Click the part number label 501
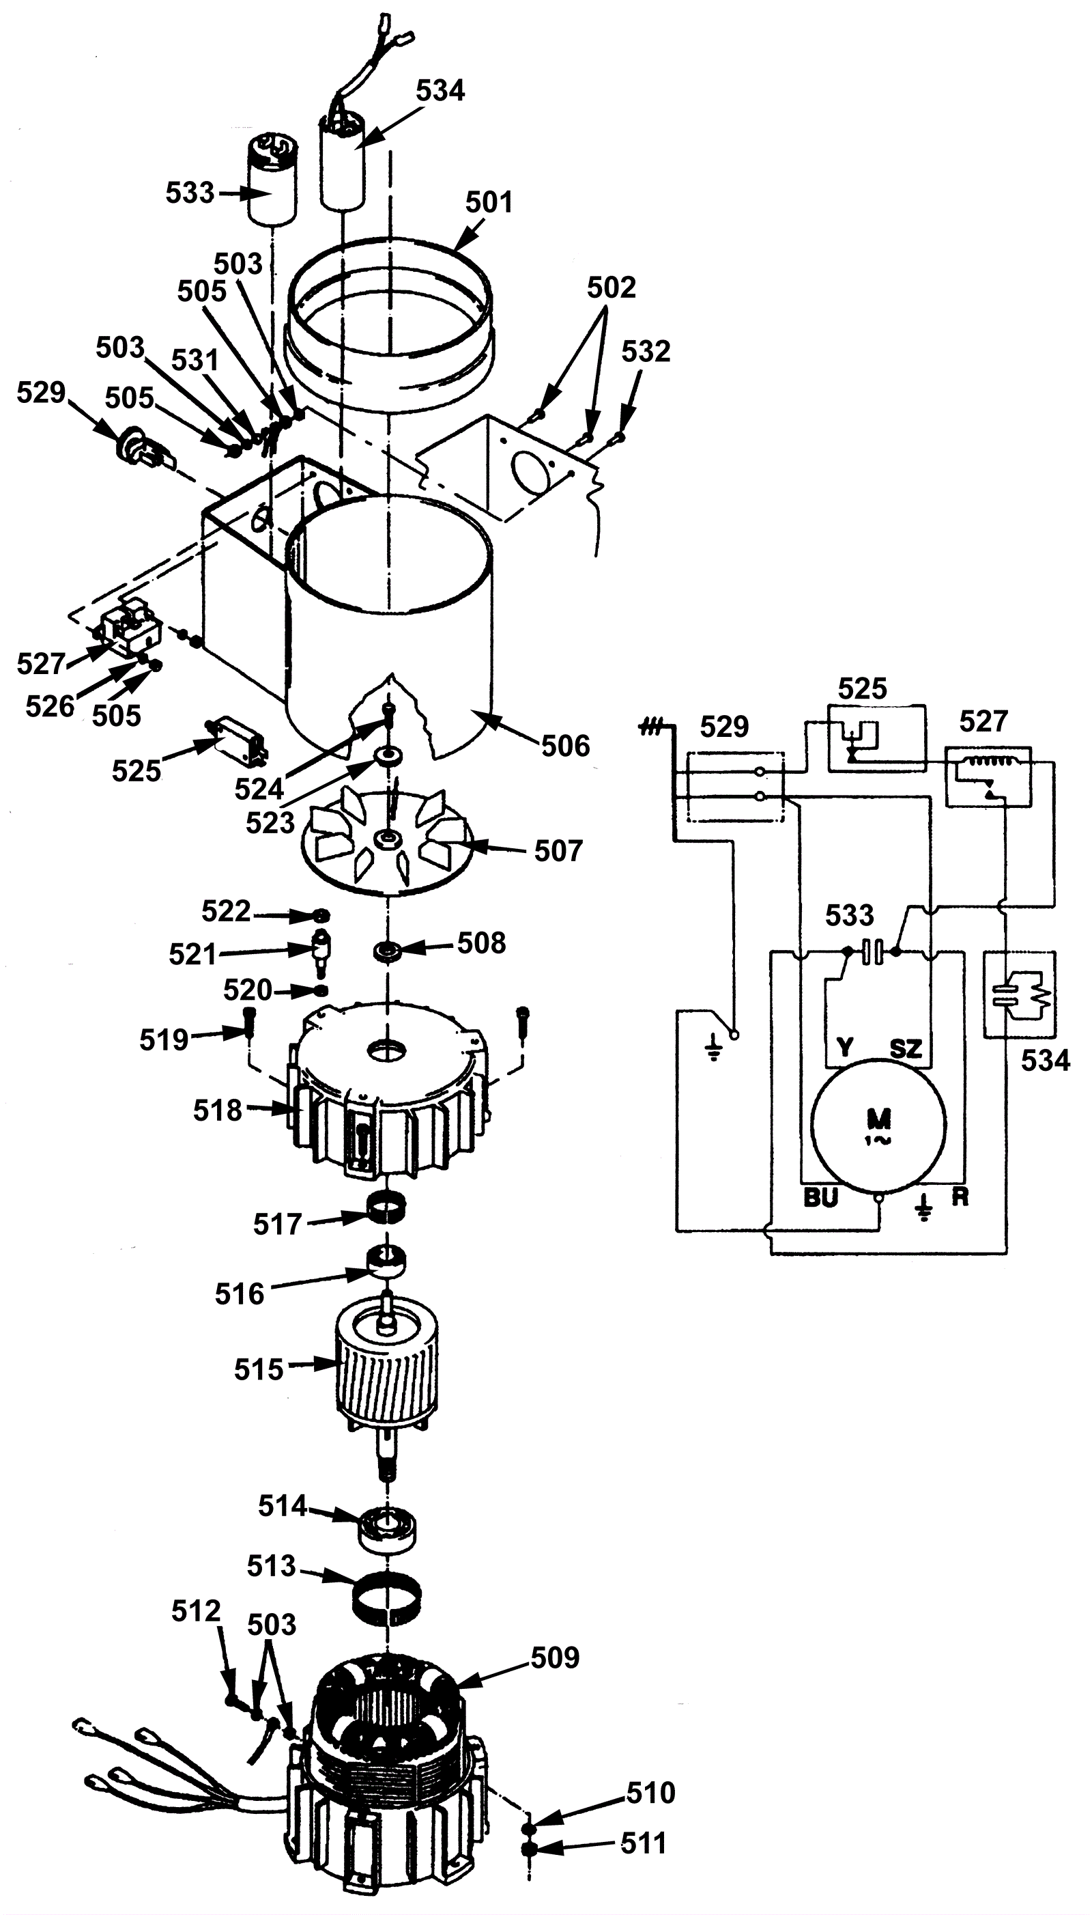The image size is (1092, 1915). click(489, 203)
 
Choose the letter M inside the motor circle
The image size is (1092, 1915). click(878, 1120)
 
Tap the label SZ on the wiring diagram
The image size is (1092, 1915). click(905, 1048)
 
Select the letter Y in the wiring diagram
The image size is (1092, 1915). click(845, 1048)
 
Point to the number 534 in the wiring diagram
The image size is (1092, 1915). click(1046, 1061)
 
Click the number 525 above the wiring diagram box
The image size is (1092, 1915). click(863, 689)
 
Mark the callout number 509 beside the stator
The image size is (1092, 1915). click(555, 1657)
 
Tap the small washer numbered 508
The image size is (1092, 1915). click(388, 952)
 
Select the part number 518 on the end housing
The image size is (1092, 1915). click(218, 1110)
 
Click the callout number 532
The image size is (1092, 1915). click(646, 351)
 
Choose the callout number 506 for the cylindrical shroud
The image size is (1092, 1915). click(566, 746)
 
